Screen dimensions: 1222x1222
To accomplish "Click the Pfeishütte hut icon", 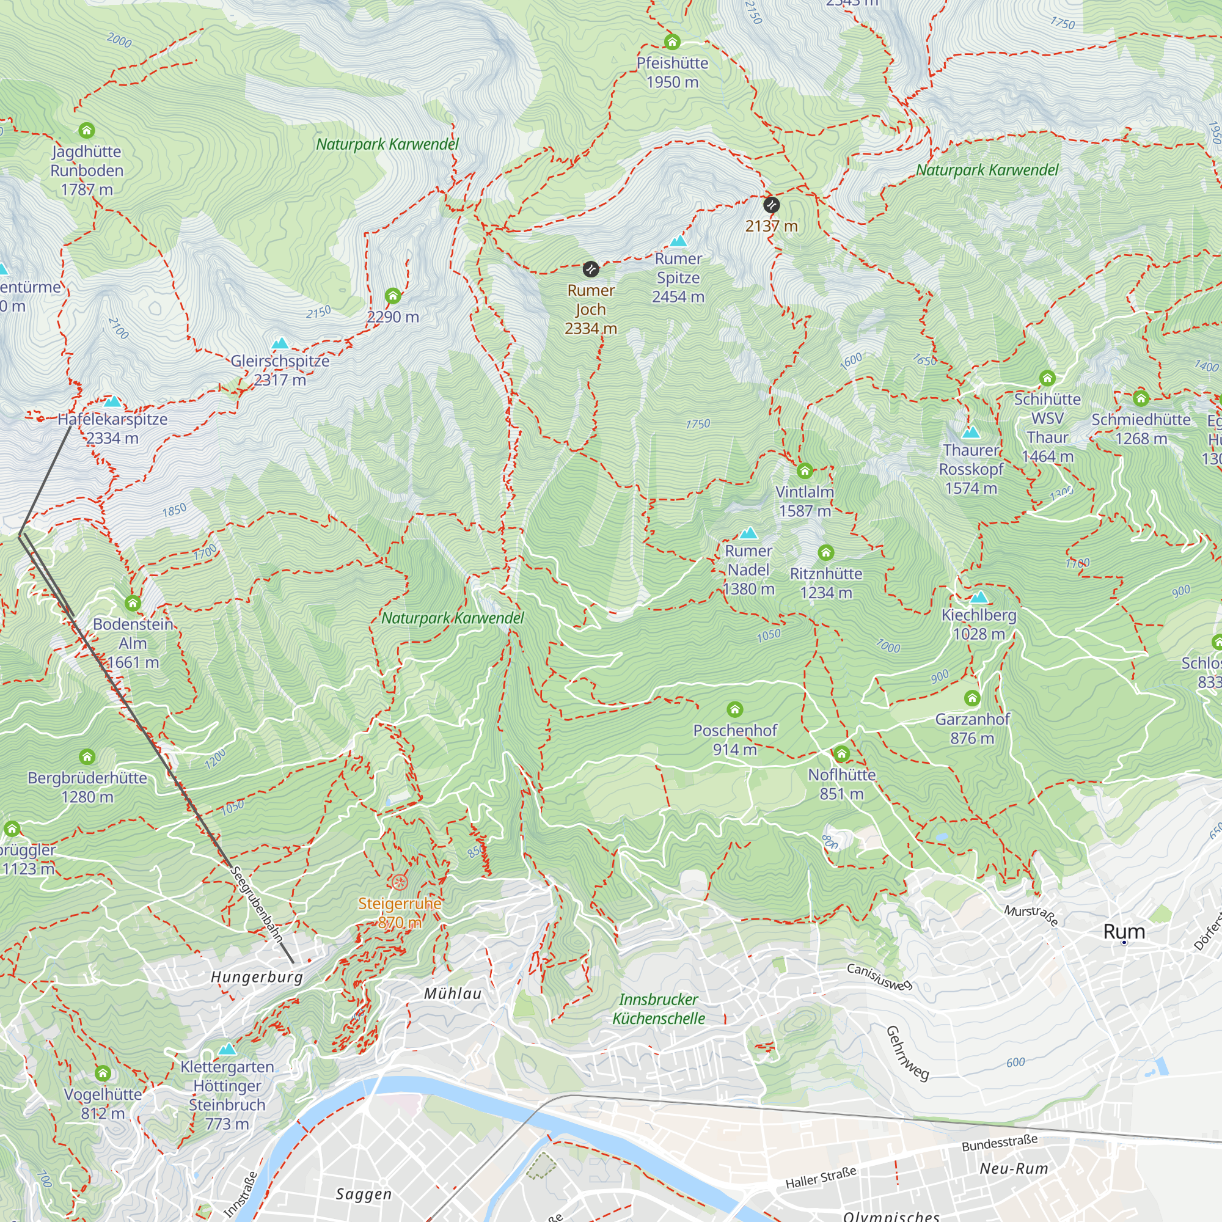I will [x=671, y=42].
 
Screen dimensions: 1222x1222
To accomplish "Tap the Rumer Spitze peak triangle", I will [x=678, y=240].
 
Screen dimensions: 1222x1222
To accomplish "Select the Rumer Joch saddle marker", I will [x=590, y=269].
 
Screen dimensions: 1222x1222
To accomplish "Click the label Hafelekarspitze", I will [x=112, y=419].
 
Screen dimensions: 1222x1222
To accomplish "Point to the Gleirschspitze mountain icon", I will [x=280, y=343].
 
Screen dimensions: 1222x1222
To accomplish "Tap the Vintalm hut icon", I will [x=805, y=470].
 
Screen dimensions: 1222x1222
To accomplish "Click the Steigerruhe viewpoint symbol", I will [x=398, y=882].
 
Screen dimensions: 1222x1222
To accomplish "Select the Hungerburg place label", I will [x=257, y=976].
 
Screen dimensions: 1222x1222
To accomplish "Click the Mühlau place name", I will [x=453, y=993].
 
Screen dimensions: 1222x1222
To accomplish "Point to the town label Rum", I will [x=1124, y=932].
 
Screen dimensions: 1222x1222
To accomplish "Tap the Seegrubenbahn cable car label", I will [x=256, y=904].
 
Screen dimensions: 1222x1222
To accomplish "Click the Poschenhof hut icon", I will [x=734, y=709].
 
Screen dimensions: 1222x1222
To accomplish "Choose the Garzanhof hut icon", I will [x=972, y=698].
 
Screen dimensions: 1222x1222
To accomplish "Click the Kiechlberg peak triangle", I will [x=978, y=596].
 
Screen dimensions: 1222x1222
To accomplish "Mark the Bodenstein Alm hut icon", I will [x=133, y=603].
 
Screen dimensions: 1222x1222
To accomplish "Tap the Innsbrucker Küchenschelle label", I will [x=659, y=1009].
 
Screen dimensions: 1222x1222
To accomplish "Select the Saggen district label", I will [x=364, y=1193].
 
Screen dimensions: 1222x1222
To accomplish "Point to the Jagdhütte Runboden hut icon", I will [x=87, y=130].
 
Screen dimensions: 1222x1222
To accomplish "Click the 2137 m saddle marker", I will [x=771, y=205].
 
